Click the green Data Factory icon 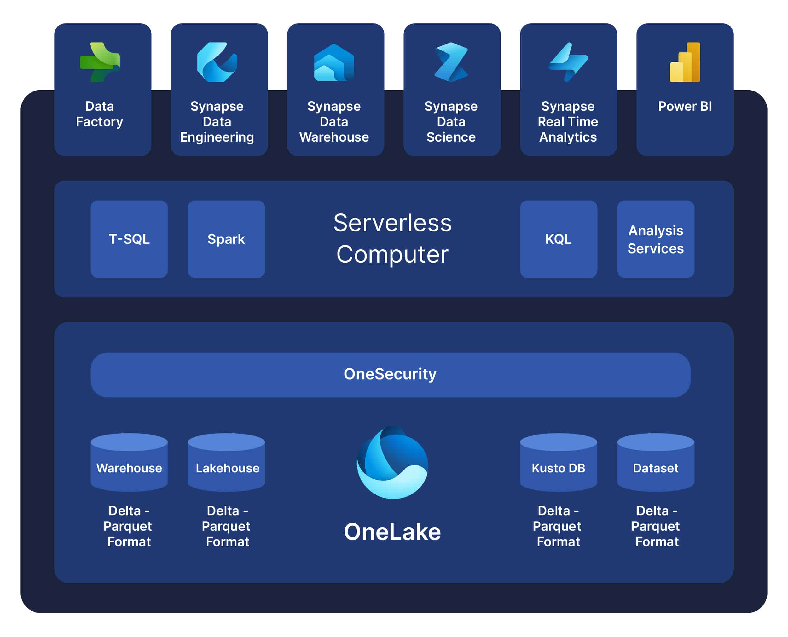[100, 62]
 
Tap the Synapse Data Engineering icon [217, 62]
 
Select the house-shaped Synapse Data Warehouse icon [334, 62]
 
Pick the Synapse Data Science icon [451, 62]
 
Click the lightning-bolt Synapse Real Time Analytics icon [568, 62]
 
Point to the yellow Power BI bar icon [685, 62]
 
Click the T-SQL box [129, 239]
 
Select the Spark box [226, 239]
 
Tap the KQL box [559, 239]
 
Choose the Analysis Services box [656, 239]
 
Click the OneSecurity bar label [390, 374]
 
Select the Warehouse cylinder [129, 462]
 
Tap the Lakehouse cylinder [226, 462]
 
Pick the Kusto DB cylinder [559, 462]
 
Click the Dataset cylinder [656, 462]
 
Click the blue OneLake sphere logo [392, 463]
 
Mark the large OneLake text [392, 532]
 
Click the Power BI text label [685, 106]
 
